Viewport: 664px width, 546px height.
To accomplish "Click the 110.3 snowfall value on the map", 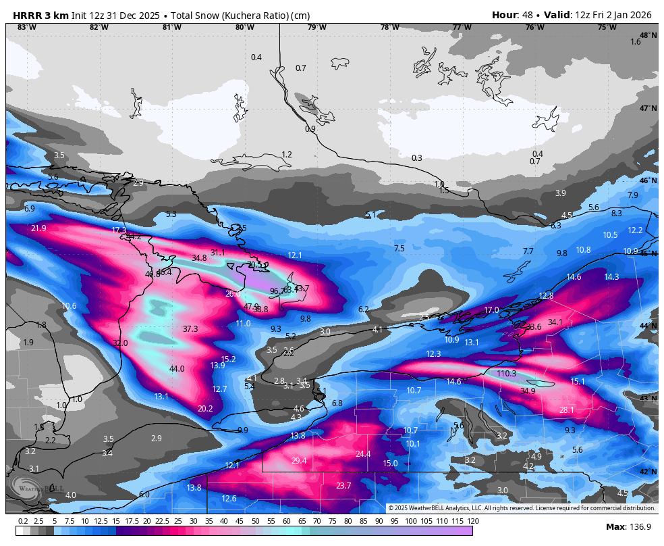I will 506,374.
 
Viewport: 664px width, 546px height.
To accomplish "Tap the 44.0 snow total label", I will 177,369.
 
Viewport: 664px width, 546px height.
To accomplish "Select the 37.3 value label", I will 190,329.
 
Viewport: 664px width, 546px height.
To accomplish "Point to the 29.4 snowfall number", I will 299,461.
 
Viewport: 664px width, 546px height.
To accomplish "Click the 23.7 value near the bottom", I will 343,486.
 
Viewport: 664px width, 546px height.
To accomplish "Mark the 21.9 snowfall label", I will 38,228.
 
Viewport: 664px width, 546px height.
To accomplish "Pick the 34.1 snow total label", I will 555,322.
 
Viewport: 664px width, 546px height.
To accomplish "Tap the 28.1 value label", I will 567,410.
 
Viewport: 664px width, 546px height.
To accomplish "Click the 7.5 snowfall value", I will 399,249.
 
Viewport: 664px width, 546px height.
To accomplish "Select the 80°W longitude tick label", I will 245,27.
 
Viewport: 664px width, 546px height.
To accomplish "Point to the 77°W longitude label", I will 462,27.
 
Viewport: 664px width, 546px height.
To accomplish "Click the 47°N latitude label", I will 648,108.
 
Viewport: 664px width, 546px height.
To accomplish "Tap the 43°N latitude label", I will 648,399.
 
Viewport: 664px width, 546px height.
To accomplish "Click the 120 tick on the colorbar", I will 473,521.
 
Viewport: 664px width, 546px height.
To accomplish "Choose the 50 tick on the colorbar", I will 256,521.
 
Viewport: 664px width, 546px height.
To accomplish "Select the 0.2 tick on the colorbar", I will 23,521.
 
